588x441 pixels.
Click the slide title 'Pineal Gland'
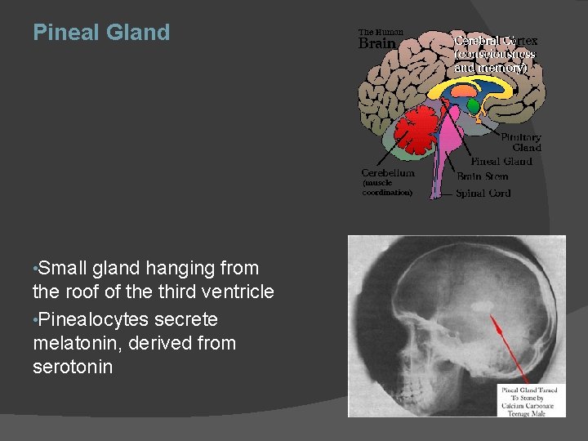[101, 33]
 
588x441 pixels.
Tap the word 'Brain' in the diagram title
[377, 43]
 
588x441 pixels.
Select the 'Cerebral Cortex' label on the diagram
[496, 41]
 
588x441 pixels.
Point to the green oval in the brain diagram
[473, 106]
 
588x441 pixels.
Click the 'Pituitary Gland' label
[521, 142]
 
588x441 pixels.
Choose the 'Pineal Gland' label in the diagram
[501, 162]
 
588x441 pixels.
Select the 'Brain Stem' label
[482, 176]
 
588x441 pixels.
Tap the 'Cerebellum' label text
[388, 173]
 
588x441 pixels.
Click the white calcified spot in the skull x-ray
[482, 307]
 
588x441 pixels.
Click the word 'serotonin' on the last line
[73, 367]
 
